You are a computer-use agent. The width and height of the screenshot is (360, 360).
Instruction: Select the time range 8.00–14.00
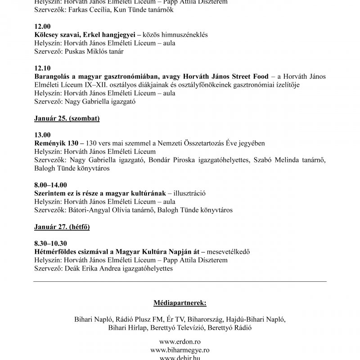point(50,184)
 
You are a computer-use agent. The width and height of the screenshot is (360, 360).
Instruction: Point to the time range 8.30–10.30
point(51,243)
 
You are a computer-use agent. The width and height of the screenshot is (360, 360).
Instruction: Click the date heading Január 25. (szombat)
point(67,118)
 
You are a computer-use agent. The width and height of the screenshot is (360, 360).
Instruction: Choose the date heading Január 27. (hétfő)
point(62,227)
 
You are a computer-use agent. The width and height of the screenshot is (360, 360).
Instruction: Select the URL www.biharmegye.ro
point(180,350)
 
